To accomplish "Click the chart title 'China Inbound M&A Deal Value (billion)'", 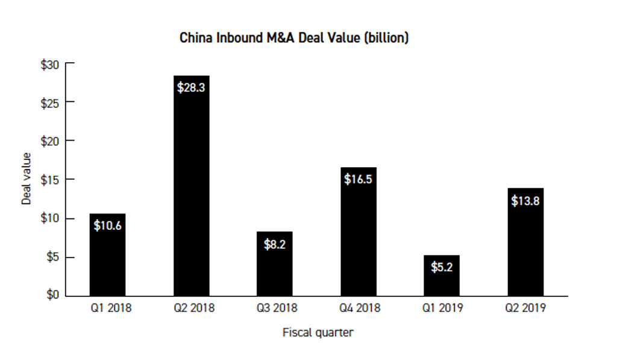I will click(x=294, y=38).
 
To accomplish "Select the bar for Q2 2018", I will click(x=192, y=193).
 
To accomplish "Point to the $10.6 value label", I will click(x=108, y=226).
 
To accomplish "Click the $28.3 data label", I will click(x=191, y=87).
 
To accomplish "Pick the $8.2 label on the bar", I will click(x=275, y=244).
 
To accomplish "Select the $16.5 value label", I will click(x=358, y=179).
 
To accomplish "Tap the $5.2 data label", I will click(x=442, y=267).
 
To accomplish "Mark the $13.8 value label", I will click(x=525, y=201).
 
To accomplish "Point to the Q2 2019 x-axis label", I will click(x=525, y=308).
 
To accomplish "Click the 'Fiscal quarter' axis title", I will click(x=318, y=332).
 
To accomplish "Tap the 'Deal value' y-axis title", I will click(x=27, y=179).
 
